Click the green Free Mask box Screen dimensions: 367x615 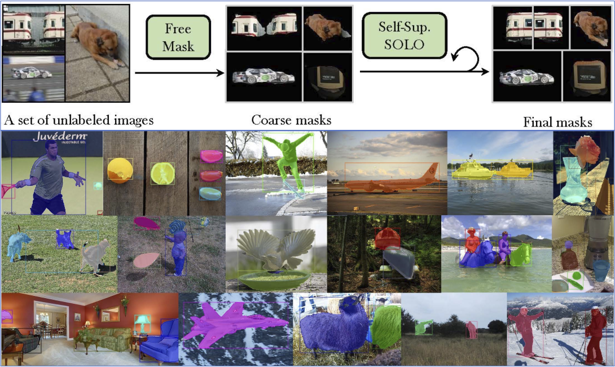tap(178, 37)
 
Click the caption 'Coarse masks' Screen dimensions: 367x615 tap(291, 120)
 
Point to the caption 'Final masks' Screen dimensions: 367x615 tap(557, 122)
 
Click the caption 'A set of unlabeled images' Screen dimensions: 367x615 tap(78, 120)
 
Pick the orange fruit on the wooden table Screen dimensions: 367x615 tap(120, 170)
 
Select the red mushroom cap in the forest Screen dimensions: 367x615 tap(388, 238)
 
